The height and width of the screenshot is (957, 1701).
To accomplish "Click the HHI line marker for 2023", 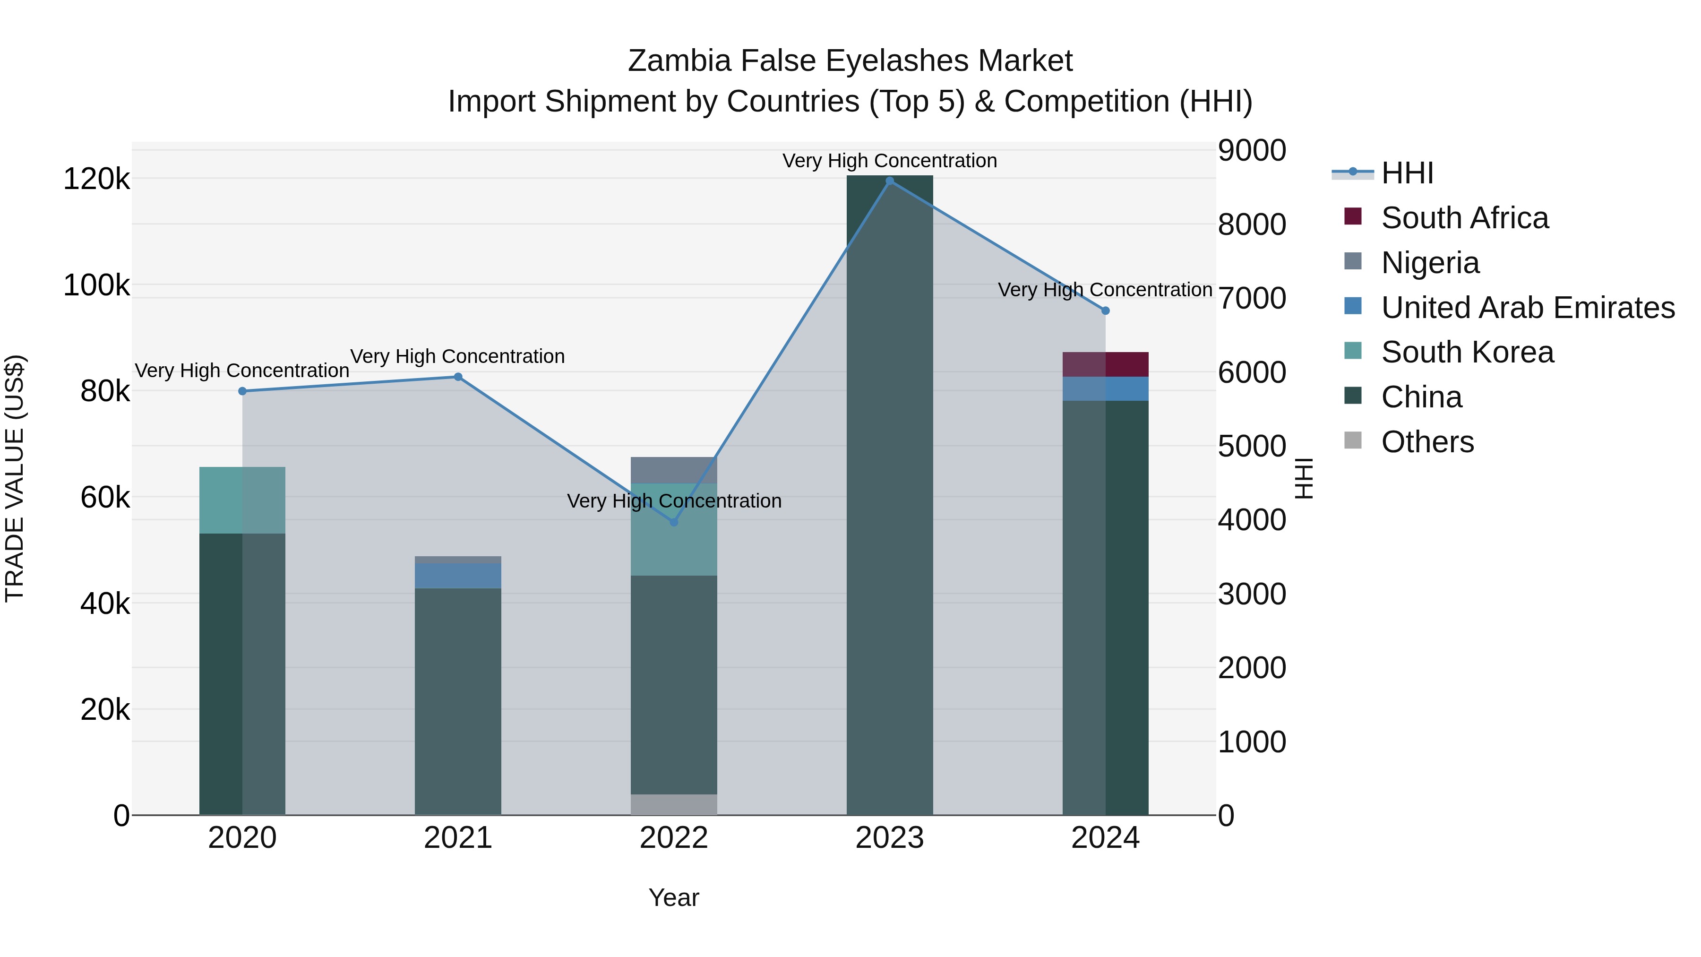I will coord(889,181).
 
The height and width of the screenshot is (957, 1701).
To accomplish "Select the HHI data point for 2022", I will coord(673,522).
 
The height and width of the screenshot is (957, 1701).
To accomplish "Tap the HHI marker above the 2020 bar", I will coord(242,391).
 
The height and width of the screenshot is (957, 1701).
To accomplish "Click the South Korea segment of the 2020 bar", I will coord(241,500).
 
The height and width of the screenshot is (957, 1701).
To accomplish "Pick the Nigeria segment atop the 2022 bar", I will coord(673,470).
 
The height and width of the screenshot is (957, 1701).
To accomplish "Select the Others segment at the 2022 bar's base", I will coord(673,804).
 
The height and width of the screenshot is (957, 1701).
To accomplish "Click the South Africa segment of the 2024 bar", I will coord(1105,364).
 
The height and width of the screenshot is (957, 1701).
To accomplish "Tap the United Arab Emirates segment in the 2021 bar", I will coord(457,575).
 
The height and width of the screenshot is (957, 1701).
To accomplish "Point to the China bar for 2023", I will coord(889,495).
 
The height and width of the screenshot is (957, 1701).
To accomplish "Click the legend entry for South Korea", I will coord(1467,352).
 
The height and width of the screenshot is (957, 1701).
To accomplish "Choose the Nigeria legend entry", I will coord(1430,263).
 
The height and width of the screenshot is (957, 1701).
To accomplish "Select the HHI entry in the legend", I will coord(1407,173).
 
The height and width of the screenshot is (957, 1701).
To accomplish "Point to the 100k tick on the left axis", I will coord(96,285).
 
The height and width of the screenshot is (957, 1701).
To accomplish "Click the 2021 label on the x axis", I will coord(457,838).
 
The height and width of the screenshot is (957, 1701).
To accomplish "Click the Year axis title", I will coord(673,897).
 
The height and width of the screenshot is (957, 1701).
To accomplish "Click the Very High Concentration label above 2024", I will coord(1105,290).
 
